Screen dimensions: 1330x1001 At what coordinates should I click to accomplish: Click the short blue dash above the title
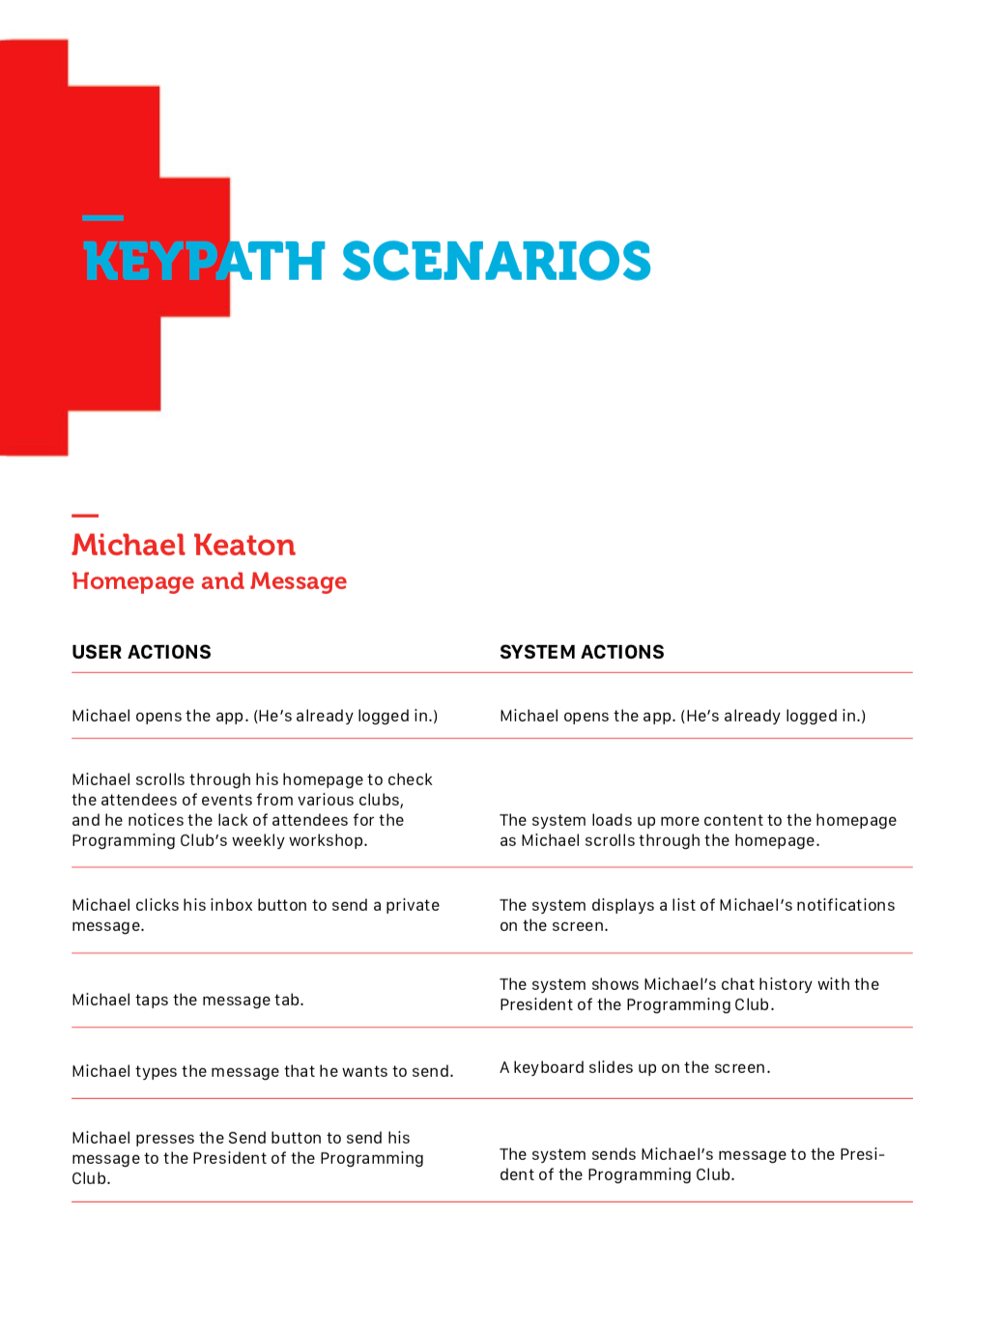coord(102,217)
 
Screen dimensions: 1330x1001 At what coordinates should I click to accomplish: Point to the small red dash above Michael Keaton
coord(85,516)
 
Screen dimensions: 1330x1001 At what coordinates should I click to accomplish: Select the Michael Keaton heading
coord(184,546)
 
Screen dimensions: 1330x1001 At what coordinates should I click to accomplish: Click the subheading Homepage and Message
coord(209,581)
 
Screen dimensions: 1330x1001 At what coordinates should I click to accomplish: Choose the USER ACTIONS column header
coord(141,652)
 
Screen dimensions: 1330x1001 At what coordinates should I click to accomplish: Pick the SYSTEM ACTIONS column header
coord(582,652)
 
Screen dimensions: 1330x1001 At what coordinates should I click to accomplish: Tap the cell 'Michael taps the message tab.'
coord(187,1000)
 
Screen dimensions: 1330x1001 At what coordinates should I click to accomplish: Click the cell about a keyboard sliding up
coord(635,1067)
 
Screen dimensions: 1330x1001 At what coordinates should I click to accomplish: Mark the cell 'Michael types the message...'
coord(262,1071)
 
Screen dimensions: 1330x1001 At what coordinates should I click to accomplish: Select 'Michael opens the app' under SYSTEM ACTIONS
coord(682,716)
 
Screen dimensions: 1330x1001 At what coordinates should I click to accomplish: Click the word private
coord(413,905)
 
